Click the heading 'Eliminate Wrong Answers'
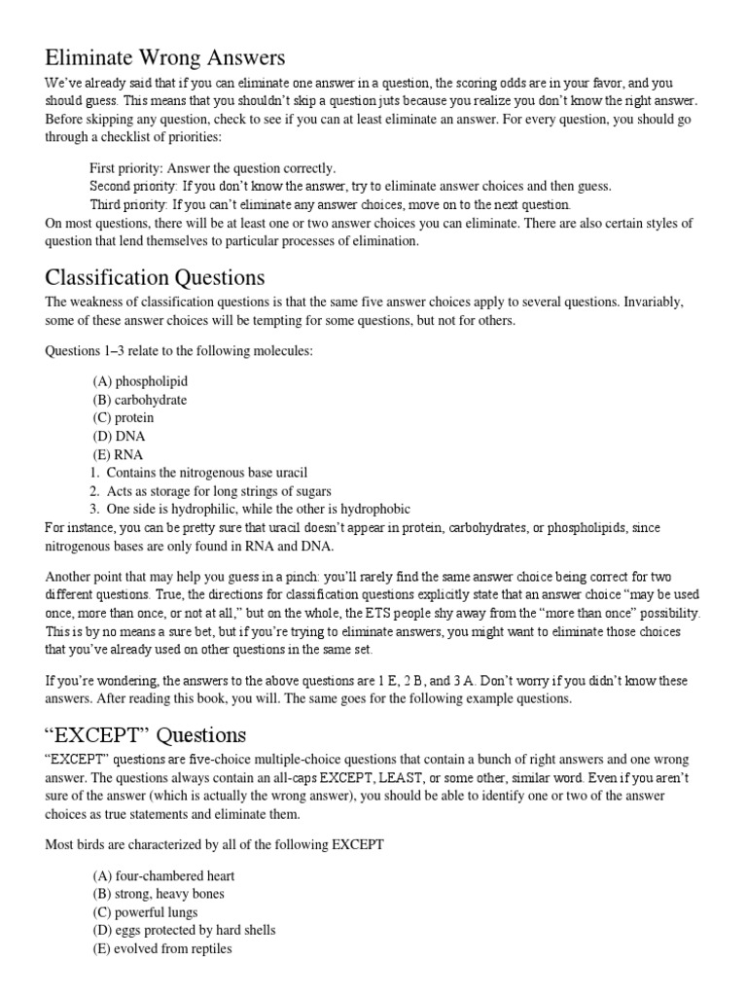click(x=164, y=57)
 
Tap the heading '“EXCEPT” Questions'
click(x=146, y=733)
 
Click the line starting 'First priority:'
click(x=212, y=168)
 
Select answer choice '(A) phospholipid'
click(x=140, y=381)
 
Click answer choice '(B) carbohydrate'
click(x=140, y=400)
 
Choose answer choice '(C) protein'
click(x=124, y=418)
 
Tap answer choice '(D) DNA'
click(x=119, y=436)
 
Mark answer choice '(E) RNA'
click(x=118, y=454)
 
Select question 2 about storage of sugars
click(x=210, y=491)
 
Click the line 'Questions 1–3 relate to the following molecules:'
click(x=179, y=350)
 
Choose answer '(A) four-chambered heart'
click(x=163, y=875)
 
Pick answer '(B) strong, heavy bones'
click(x=159, y=894)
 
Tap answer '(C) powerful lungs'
click(x=145, y=912)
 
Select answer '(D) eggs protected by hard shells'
click(x=185, y=931)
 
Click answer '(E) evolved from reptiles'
click(x=162, y=948)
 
